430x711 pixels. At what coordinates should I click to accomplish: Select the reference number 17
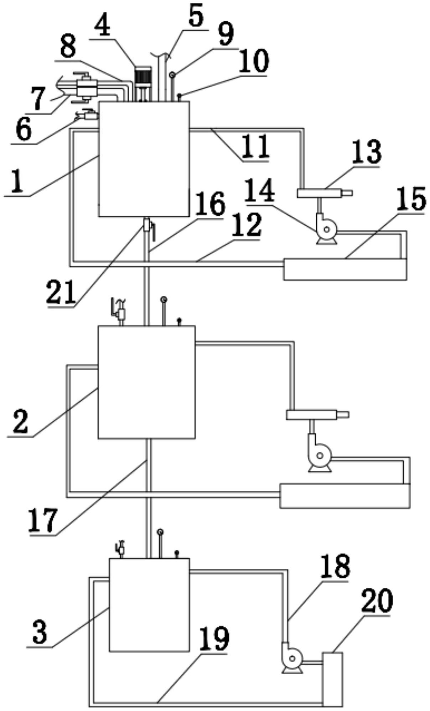tap(42, 521)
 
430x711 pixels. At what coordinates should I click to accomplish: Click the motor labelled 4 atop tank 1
tap(143, 83)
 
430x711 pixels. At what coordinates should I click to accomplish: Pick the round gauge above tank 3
tap(160, 532)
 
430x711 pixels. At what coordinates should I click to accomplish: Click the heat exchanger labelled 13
tap(325, 194)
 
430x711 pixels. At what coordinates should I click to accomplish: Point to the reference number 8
tap(68, 48)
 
